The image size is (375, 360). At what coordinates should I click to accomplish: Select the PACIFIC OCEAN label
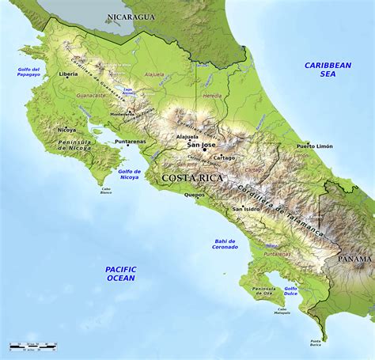coord(120,274)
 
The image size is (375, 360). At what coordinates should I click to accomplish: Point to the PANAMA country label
coord(354,259)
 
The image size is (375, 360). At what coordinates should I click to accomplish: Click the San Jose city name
coord(201,145)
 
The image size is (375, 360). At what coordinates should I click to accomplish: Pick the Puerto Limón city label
coord(315,146)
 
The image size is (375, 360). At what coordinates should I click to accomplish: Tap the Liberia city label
coord(69,74)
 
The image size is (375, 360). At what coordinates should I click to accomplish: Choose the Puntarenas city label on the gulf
coord(131,142)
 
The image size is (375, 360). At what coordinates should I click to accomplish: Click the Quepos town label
coord(195,195)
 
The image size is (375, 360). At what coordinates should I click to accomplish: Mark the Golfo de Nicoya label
coord(128,174)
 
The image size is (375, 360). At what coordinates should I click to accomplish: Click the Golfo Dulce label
coord(291,291)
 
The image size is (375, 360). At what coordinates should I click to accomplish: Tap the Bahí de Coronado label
coord(225,244)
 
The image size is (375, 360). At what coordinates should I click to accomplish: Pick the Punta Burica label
coord(316,343)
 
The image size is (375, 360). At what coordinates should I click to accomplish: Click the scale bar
coord(33,347)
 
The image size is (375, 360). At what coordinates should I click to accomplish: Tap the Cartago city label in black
coord(202,157)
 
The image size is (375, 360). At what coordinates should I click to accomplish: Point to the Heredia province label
coord(213,94)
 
